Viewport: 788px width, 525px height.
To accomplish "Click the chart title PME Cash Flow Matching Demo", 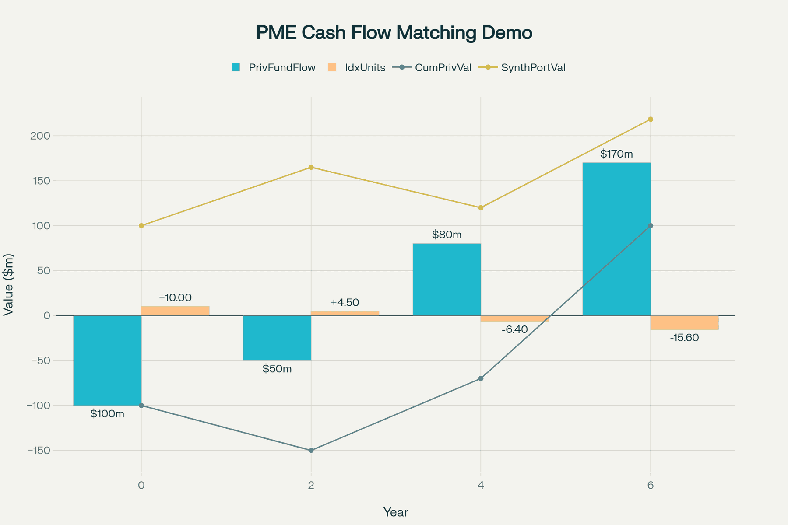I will [394, 33].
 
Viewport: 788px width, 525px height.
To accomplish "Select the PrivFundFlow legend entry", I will [274, 68].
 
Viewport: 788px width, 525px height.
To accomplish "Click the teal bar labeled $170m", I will [616, 239].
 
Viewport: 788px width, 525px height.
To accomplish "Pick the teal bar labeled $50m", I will [277, 338].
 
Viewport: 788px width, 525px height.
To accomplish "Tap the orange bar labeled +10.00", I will [175, 311].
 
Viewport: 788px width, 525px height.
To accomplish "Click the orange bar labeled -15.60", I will [684, 322].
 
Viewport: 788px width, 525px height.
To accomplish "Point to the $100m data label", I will [107, 414].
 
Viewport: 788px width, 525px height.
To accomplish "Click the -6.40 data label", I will [514, 329].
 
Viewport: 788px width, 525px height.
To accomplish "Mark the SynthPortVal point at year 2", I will [311, 167].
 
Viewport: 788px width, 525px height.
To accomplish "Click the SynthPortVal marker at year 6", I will [651, 119].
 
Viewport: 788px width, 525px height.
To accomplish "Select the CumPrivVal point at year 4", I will [481, 378].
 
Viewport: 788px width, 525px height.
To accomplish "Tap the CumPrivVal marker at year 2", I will [311, 450].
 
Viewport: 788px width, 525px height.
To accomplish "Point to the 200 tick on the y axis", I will [40, 136].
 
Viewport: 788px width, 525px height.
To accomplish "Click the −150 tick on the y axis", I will [38, 451].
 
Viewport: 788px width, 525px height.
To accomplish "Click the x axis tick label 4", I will [481, 485].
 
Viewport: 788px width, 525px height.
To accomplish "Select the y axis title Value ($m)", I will [9, 284].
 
